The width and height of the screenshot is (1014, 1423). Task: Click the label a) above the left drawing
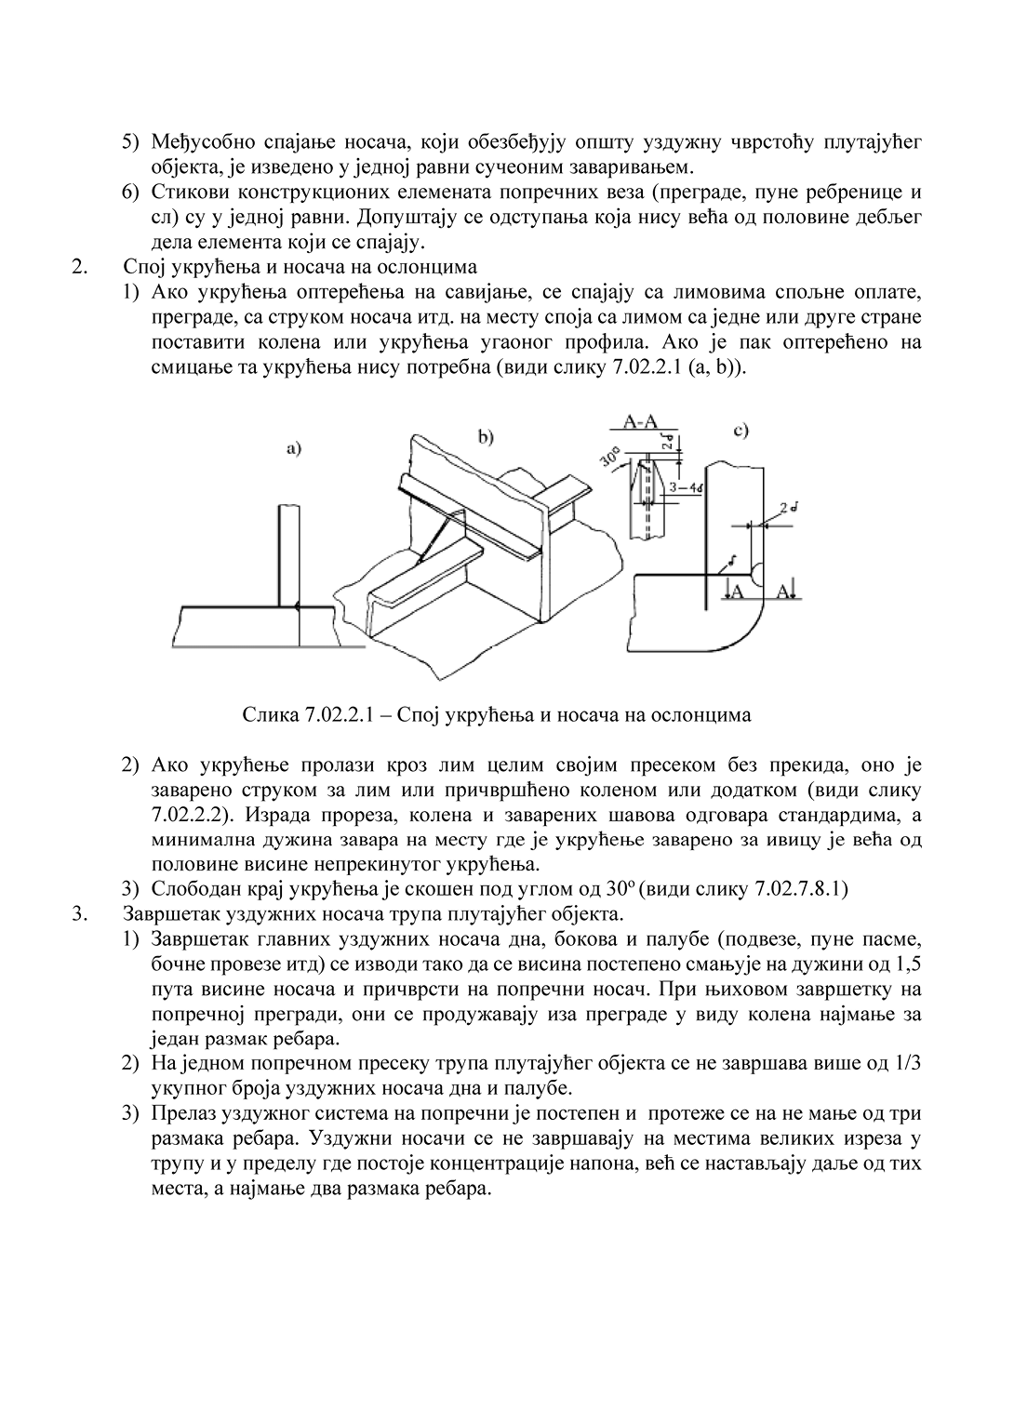(x=294, y=448)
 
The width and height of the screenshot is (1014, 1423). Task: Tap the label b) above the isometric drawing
(x=485, y=436)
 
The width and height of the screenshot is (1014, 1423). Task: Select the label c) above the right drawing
(x=740, y=431)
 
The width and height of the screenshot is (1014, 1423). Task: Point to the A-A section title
(x=642, y=423)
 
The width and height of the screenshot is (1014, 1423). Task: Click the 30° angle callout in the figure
(x=611, y=459)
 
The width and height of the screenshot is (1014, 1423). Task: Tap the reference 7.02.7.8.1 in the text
(x=799, y=887)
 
